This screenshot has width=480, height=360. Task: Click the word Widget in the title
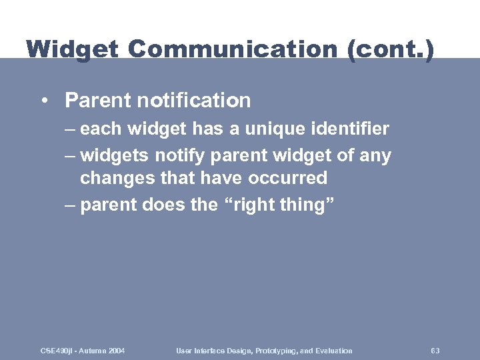(72, 49)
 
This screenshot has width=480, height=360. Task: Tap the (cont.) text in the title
(390, 49)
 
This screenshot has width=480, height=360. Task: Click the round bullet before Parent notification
(43, 101)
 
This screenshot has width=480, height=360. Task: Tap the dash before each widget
(70, 128)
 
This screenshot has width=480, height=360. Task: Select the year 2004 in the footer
(116, 351)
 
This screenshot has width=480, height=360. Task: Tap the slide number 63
(435, 351)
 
